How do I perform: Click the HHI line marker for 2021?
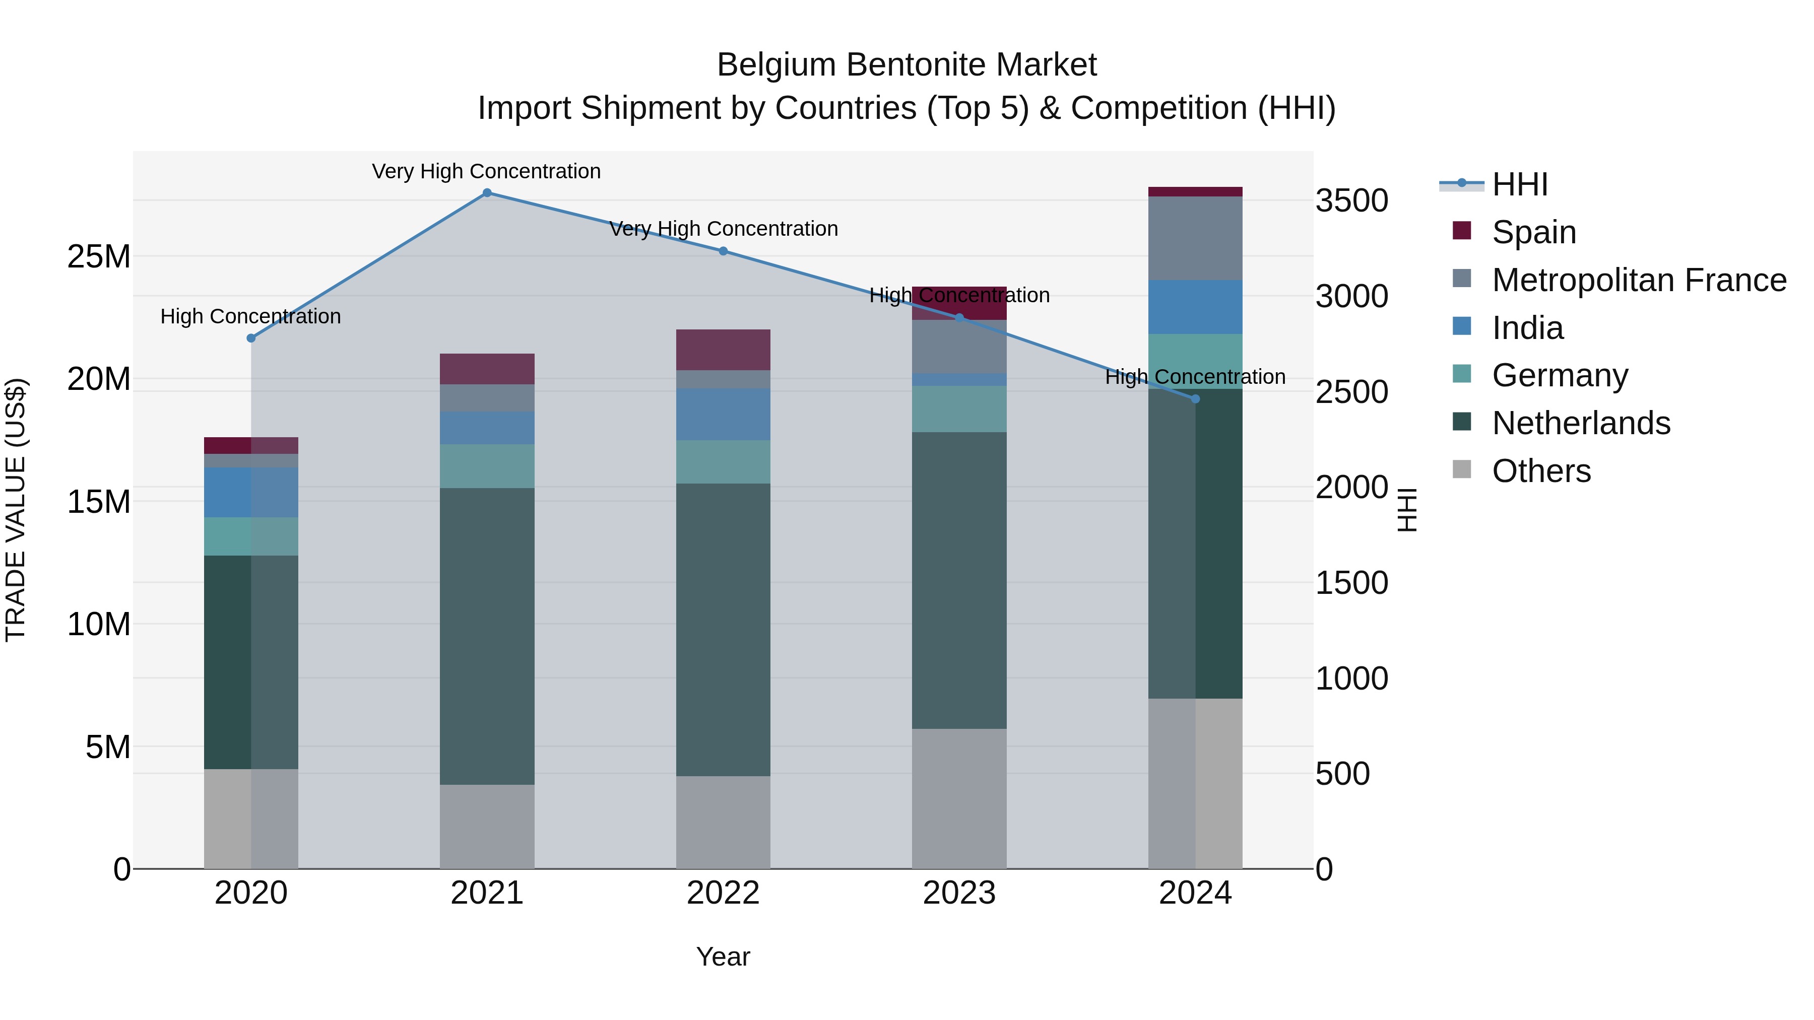click(x=487, y=193)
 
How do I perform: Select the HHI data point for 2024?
click(x=1195, y=399)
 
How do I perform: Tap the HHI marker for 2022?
click(x=723, y=251)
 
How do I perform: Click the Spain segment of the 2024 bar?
click(x=1195, y=191)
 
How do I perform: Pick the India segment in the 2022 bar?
click(x=723, y=415)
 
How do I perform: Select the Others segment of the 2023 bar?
click(x=959, y=798)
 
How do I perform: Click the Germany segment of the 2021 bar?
click(x=487, y=466)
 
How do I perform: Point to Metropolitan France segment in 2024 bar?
click(x=1195, y=238)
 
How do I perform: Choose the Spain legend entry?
click(x=1534, y=232)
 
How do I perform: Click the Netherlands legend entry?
click(x=1581, y=423)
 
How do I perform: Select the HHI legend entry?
click(x=1520, y=184)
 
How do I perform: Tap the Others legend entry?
click(x=1541, y=471)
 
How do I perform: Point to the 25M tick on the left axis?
click(x=99, y=257)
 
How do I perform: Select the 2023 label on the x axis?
click(x=959, y=893)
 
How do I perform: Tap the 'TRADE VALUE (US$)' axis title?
click(x=16, y=510)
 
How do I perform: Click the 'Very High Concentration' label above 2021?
click(x=487, y=171)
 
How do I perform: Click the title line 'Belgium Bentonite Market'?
click(x=906, y=65)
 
